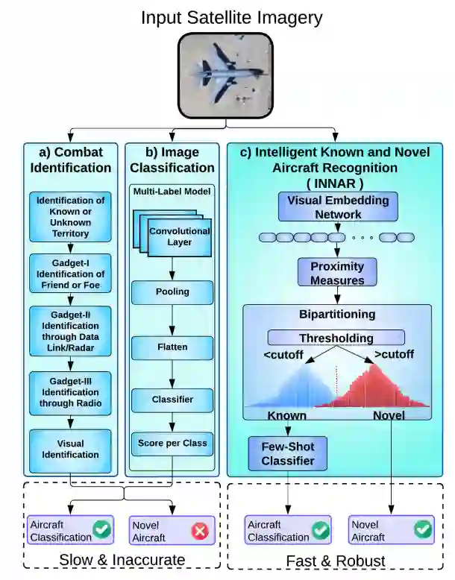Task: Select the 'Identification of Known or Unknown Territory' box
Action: (x=71, y=217)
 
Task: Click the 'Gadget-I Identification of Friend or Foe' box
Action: (x=71, y=274)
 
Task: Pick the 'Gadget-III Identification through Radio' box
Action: (x=71, y=393)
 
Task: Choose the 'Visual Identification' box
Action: (x=71, y=448)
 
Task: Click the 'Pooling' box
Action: (x=172, y=291)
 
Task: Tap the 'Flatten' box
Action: (x=172, y=347)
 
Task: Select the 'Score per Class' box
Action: (x=172, y=443)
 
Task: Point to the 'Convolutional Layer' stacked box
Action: (x=178, y=235)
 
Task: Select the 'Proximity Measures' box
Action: (x=337, y=273)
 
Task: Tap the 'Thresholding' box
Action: (x=336, y=338)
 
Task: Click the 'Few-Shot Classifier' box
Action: (x=287, y=453)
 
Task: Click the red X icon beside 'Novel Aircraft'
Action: (x=199, y=530)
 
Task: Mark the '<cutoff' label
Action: (x=283, y=355)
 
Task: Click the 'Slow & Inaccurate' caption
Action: (x=123, y=559)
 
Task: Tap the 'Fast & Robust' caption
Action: (x=336, y=560)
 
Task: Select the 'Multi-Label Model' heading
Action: (x=172, y=192)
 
